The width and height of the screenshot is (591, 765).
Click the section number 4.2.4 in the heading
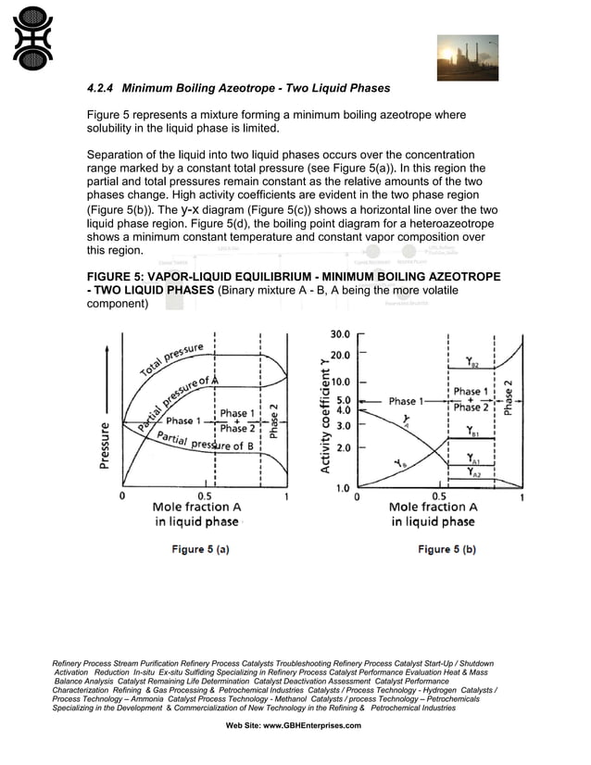101,89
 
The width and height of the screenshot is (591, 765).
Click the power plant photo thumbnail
467,57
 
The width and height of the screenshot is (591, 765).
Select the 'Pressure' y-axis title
107,445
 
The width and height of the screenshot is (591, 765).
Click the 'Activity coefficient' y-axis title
326,417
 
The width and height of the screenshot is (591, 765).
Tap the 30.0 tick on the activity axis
339,334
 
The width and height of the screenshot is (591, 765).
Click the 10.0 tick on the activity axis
339,381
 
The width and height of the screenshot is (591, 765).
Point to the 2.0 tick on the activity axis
342,447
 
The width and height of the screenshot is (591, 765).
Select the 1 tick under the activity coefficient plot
522,496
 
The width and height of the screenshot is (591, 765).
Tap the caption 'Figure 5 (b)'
446,549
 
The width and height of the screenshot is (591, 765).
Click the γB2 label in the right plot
472,364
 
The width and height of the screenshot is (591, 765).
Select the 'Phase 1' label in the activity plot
404,401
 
